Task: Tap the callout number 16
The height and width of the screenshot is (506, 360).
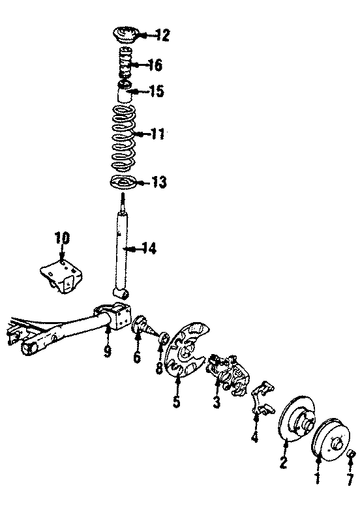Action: [155, 65]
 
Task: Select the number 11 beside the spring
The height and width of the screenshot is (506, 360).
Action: [158, 135]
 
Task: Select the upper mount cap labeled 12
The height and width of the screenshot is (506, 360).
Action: [123, 35]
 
